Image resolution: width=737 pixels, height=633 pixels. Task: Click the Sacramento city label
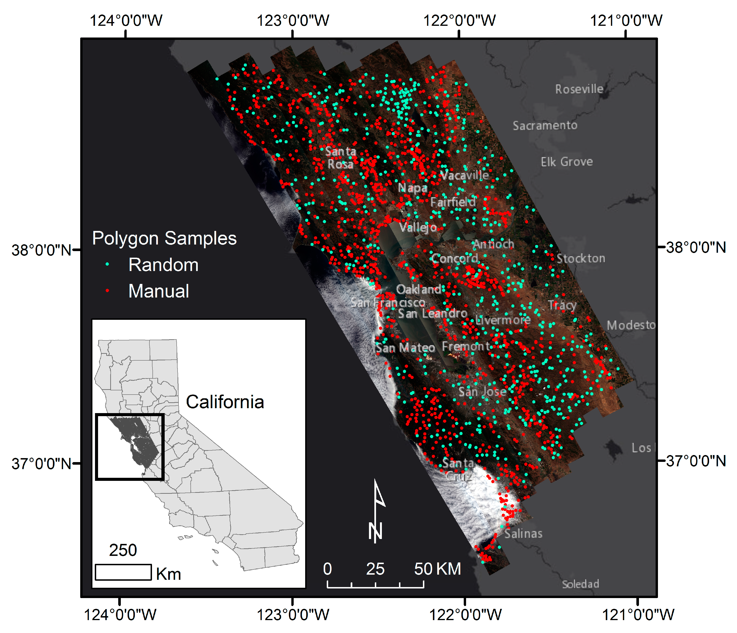pyautogui.click(x=545, y=125)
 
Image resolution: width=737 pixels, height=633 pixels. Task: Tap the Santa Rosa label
pyautogui.click(x=340, y=158)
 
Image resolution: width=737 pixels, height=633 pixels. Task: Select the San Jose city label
pyautogui.click(x=482, y=392)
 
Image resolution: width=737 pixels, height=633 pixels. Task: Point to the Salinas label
pyautogui.click(x=523, y=534)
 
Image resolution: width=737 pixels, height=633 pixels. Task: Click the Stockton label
pyautogui.click(x=581, y=258)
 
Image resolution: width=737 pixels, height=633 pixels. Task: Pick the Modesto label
pyautogui.click(x=631, y=325)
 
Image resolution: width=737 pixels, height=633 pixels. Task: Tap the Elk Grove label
pyautogui.click(x=567, y=162)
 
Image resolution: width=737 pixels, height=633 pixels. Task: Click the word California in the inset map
pyautogui.click(x=225, y=402)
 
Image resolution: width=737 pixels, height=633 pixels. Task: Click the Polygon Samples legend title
pyautogui.click(x=164, y=238)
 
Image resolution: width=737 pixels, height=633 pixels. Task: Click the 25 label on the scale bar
pyautogui.click(x=375, y=569)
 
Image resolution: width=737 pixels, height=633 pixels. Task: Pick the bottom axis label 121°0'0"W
pyautogui.click(x=638, y=614)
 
